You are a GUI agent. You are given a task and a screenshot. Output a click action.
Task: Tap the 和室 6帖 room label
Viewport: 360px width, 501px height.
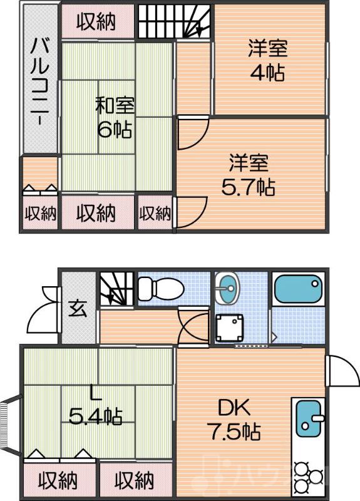point(114,117)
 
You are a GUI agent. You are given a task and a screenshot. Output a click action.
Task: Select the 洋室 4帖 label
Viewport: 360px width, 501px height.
point(268,60)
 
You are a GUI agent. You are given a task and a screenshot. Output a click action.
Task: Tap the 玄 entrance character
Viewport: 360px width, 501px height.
point(78,309)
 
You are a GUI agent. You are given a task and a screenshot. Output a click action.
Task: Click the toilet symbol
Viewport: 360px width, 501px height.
point(160,289)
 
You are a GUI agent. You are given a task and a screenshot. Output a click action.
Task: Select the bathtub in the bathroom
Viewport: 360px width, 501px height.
point(298,289)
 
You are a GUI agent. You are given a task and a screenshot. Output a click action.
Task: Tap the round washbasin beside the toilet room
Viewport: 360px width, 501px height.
point(227,289)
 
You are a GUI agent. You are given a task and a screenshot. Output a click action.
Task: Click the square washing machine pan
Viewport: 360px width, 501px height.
point(229,327)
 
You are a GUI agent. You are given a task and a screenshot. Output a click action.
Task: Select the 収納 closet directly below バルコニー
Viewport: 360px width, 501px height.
point(40,214)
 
